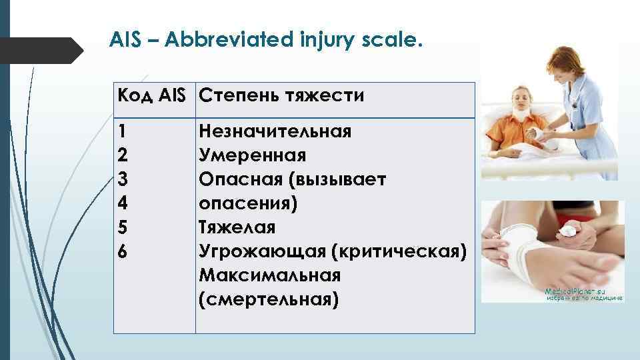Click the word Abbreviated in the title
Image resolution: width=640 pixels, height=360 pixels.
(221, 41)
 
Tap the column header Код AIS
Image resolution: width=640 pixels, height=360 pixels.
(153, 96)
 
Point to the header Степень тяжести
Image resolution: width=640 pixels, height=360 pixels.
(281, 96)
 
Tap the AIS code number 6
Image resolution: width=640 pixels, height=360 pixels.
(121, 252)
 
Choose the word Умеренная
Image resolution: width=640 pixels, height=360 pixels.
(253, 156)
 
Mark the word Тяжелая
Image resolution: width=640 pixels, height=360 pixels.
(237, 228)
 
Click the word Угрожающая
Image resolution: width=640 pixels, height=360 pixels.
(265, 252)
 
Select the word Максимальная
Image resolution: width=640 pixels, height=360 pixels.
(269, 276)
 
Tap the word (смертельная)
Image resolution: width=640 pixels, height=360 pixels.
(269, 300)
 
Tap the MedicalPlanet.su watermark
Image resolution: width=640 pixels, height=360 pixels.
(575, 292)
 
